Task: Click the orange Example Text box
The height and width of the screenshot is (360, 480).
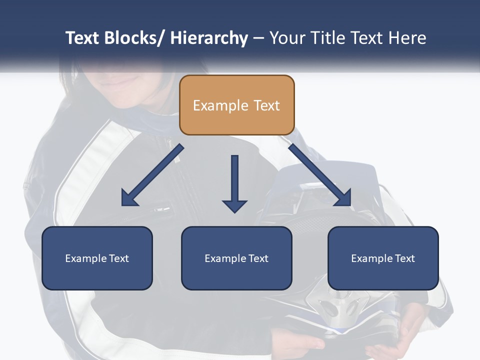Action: [x=236, y=105]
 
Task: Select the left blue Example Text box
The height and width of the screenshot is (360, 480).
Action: [x=97, y=258]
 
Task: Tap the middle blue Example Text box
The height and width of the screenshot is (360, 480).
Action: [x=236, y=258]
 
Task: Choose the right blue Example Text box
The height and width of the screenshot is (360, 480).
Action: [x=383, y=258]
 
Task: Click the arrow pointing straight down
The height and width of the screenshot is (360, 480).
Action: [x=234, y=182]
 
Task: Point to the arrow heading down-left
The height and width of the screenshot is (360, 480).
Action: [x=152, y=175]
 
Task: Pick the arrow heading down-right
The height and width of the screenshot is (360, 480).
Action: [x=320, y=175]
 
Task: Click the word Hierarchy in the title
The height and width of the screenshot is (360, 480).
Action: [x=209, y=38]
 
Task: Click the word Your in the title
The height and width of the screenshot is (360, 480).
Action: [x=287, y=38]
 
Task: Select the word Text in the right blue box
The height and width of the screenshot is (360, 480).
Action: [x=404, y=258]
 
